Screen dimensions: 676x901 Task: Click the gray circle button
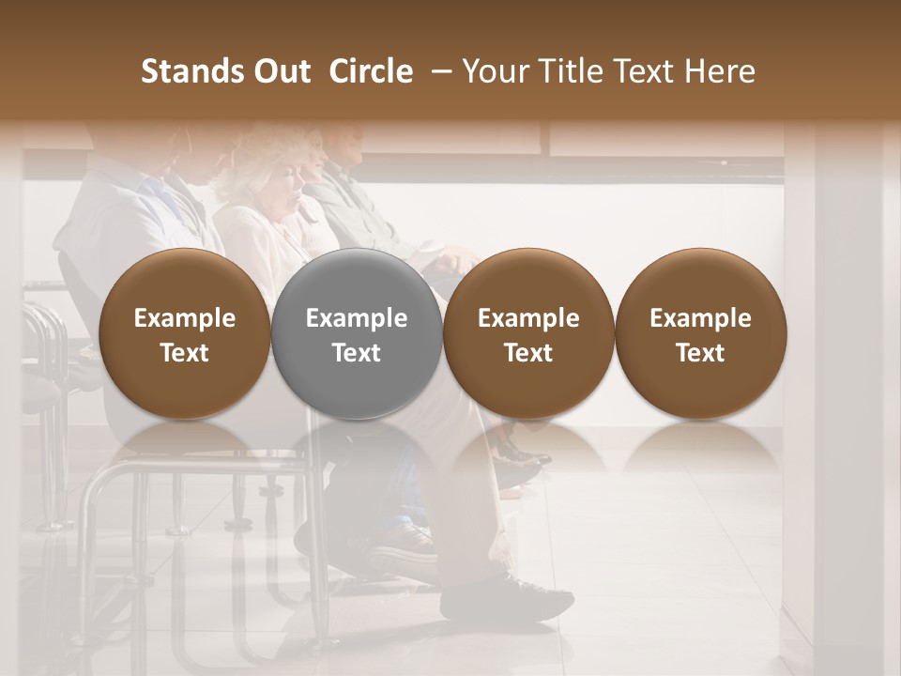point(357,334)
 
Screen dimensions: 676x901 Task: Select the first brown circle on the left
point(184,334)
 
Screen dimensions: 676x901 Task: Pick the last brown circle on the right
point(701,334)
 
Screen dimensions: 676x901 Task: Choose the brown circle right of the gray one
point(528,334)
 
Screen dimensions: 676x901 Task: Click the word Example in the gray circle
point(357,318)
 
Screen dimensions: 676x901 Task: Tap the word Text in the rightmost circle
point(701,353)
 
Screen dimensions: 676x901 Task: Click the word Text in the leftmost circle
point(184,353)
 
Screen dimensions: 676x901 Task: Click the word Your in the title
point(494,71)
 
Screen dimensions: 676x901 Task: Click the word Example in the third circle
point(528,318)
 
